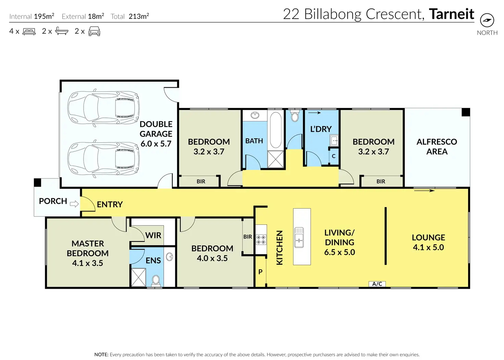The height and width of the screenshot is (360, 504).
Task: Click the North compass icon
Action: click(487, 20)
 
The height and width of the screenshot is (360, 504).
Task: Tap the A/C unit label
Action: click(377, 284)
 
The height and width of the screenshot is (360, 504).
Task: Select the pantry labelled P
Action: click(260, 272)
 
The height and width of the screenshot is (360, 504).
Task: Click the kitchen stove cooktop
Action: click(261, 239)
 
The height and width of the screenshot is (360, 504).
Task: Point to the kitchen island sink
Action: click(299, 237)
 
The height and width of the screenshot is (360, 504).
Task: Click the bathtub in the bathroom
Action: click(276, 130)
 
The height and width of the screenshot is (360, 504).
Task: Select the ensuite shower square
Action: click(139, 277)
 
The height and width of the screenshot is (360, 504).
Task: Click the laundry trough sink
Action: click(334, 140)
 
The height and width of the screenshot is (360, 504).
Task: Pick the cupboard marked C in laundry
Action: click(334, 156)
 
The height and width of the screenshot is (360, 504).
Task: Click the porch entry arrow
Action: click(74, 204)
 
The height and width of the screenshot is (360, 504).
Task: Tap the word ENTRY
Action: click(110, 204)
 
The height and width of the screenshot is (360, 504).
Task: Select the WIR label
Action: click(153, 236)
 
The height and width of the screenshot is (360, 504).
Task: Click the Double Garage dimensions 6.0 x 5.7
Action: click(156, 144)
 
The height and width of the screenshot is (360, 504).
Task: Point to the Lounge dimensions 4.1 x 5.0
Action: click(428, 247)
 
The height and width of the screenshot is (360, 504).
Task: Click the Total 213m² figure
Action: click(139, 16)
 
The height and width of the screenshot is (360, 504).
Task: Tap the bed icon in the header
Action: click(29, 31)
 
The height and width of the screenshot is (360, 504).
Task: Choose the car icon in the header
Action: click(94, 31)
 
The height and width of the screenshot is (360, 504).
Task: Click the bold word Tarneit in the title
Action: click(452, 14)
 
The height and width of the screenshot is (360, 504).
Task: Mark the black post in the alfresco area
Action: click(466, 112)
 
